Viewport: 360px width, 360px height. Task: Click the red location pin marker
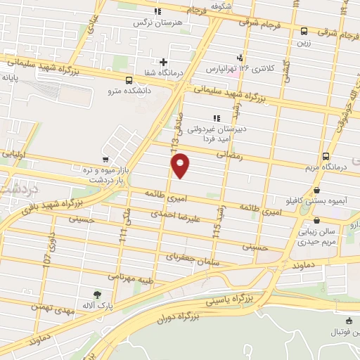pyautogui.click(x=181, y=166)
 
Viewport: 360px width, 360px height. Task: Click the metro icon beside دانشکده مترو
pyautogui.click(x=128, y=79)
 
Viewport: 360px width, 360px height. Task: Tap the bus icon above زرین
pyautogui.click(x=304, y=31)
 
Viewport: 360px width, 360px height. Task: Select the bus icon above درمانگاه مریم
pyautogui.click(x=326, y=156)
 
